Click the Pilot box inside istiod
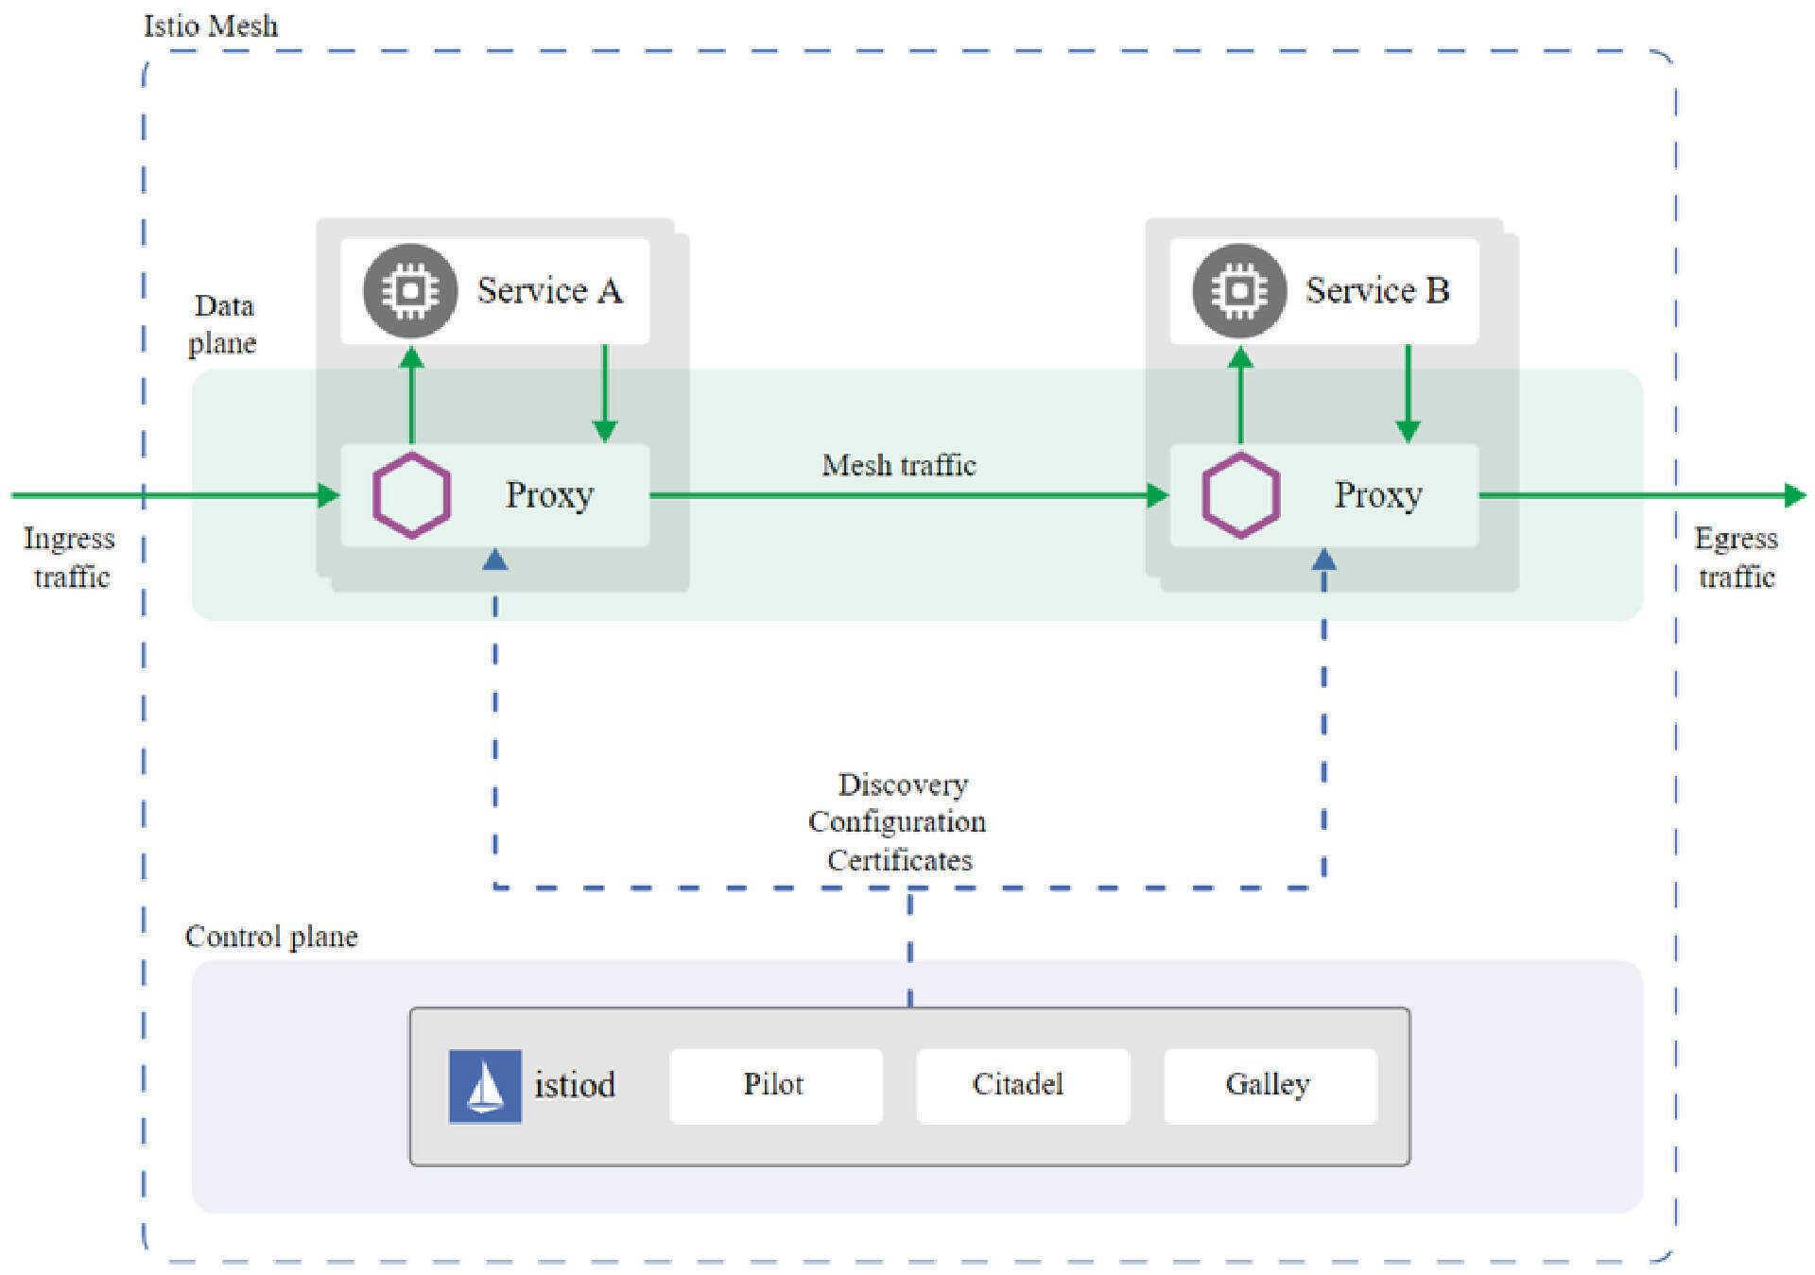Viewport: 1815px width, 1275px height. (775, 1085)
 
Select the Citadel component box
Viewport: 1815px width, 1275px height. (1023, 1085)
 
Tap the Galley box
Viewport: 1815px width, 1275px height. (1270, 1085)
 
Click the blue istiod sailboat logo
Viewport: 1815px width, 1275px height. (485, 1086)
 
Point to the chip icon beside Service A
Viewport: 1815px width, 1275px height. (410, 291)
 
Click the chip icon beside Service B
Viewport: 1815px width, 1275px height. (1239, 291)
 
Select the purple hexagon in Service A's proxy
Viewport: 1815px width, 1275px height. (411, 495)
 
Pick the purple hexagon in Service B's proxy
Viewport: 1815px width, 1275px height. (1240, 495)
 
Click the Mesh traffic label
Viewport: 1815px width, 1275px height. (898, 465)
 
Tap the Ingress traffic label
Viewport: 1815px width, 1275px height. (69, 557)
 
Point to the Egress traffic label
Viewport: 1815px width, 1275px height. (1737, 557)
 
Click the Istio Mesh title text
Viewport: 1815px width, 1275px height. (211, 26)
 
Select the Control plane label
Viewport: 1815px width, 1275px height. (271, 936)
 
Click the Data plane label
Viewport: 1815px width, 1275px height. (223, 324)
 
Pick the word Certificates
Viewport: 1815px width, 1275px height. (899, 860)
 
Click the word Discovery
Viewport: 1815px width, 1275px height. (903, 784)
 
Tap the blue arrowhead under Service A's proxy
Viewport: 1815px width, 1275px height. (495, 560)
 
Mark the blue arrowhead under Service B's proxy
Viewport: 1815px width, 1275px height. (1324, 560)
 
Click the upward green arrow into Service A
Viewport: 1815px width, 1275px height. (411, 395)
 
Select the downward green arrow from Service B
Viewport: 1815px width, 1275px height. (1408, 393)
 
